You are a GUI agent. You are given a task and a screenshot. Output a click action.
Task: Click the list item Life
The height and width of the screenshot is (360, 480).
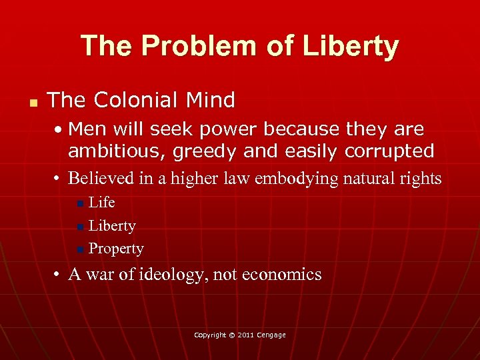click(102, 202)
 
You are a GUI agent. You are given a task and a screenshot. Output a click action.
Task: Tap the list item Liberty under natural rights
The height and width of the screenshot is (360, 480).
click(112, 226)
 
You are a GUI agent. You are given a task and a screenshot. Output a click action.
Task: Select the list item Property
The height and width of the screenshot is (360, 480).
click(116, 249)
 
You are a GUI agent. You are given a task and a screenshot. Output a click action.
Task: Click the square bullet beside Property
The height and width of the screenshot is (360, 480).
click(80, 250)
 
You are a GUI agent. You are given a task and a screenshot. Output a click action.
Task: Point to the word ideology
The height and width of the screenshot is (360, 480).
click(172, 274)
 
